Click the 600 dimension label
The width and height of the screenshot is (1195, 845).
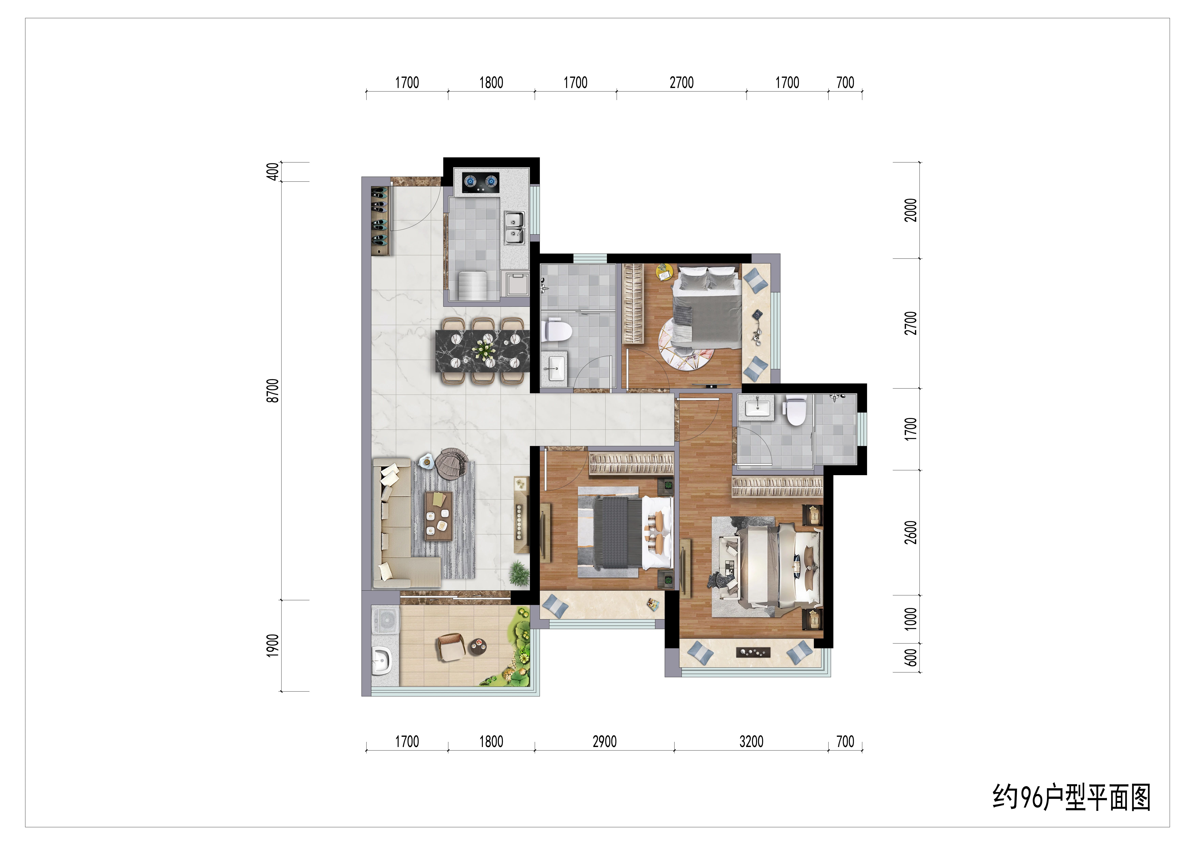910,657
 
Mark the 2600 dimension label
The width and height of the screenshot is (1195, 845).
910,532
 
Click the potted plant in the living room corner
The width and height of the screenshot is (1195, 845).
519,573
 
